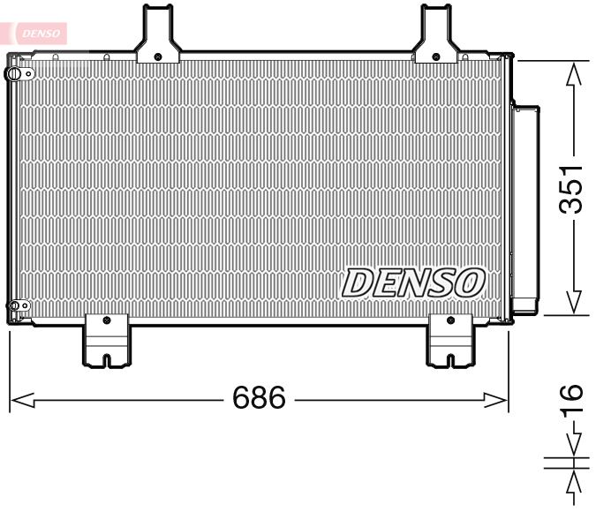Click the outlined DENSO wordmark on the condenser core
413,282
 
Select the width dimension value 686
259,399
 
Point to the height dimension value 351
574,189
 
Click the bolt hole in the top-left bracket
157,56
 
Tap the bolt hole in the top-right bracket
436,56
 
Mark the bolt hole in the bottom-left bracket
106,320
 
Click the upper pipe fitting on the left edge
14,74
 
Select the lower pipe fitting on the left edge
14,307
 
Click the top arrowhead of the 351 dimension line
574,72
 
